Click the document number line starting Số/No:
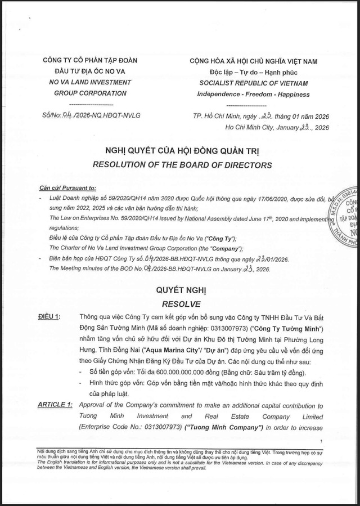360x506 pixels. coord(87,115)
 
